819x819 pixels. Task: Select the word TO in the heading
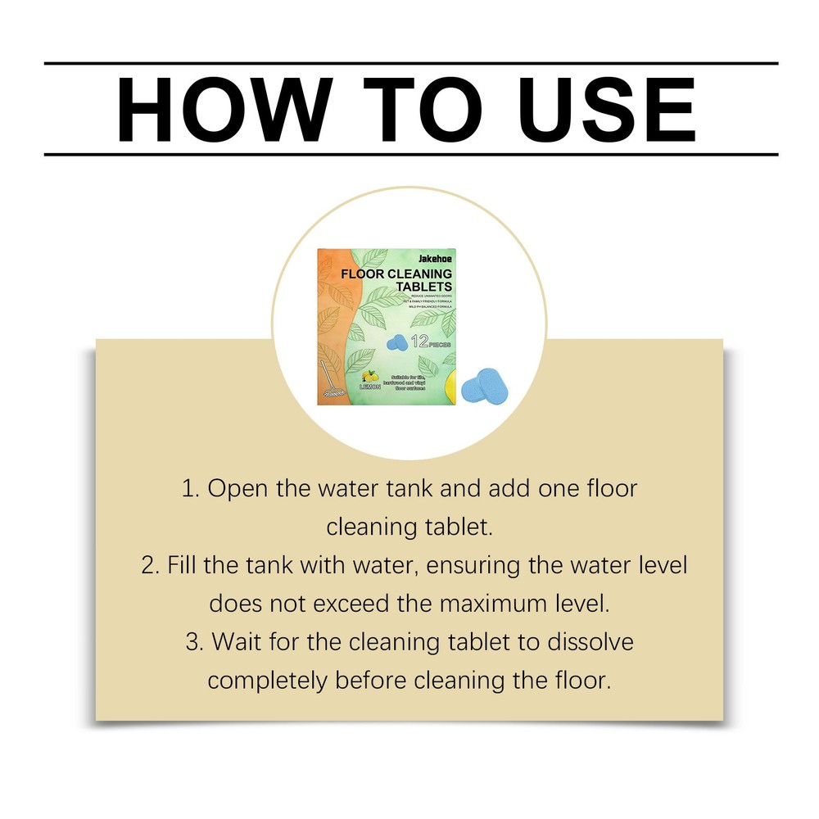pos(419,109)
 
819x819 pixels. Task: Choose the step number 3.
pos(194,642)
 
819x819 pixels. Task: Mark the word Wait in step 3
pos(238,642)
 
